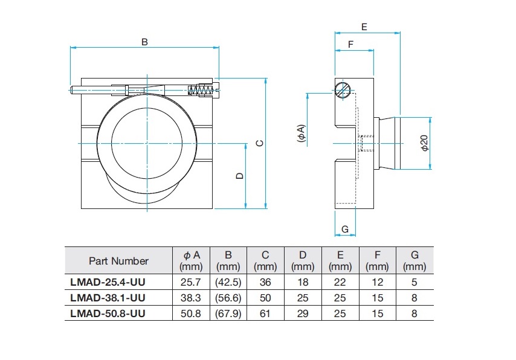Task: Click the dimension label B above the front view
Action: (144, 42)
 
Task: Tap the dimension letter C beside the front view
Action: (259, 143)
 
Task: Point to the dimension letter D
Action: (239, 176)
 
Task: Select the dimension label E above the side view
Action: (364, 27)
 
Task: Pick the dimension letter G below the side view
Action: (345, 229)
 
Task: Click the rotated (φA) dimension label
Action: (301, 133)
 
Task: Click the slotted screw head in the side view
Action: (342, 91)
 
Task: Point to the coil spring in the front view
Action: (202, 91)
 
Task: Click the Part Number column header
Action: (118, 261)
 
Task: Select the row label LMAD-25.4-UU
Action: (108, 282)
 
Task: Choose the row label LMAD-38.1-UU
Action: (108, 298)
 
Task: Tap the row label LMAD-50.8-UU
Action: (108, 313)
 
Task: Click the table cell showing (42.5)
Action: (228, 282)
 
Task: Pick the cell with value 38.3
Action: (192, 298)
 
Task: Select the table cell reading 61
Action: (265, 313)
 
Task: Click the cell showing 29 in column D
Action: (303, 313)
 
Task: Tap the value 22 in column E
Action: (340, 282)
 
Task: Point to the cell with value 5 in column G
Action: (414, 282)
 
